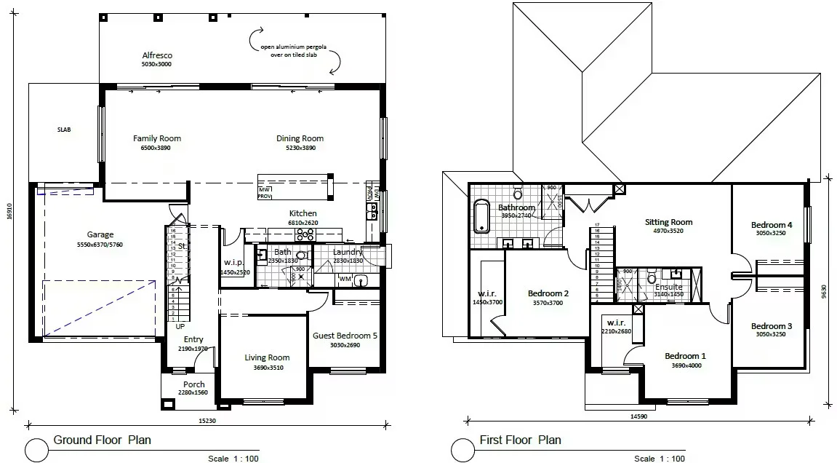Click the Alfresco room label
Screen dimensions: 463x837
pos(156,55)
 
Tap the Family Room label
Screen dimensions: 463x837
pos(157,138)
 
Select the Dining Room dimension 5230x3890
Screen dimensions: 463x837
pos(300,148)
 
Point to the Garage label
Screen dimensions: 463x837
pos(100,234)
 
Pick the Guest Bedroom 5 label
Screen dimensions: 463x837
pos(345,336)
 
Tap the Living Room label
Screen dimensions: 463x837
pos(267,357)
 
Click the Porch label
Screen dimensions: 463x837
pos(194,384)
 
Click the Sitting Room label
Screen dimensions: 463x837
pos(668,222)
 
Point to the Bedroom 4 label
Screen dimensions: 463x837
pos(772,225)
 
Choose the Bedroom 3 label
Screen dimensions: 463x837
pos(772,326)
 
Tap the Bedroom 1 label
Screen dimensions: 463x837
pos(685,356)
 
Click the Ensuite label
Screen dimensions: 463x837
pos(668,287)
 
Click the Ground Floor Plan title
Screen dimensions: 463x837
pos(101,440)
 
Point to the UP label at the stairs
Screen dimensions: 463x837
pos(180,326)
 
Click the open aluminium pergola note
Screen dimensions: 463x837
pos(294,50)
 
